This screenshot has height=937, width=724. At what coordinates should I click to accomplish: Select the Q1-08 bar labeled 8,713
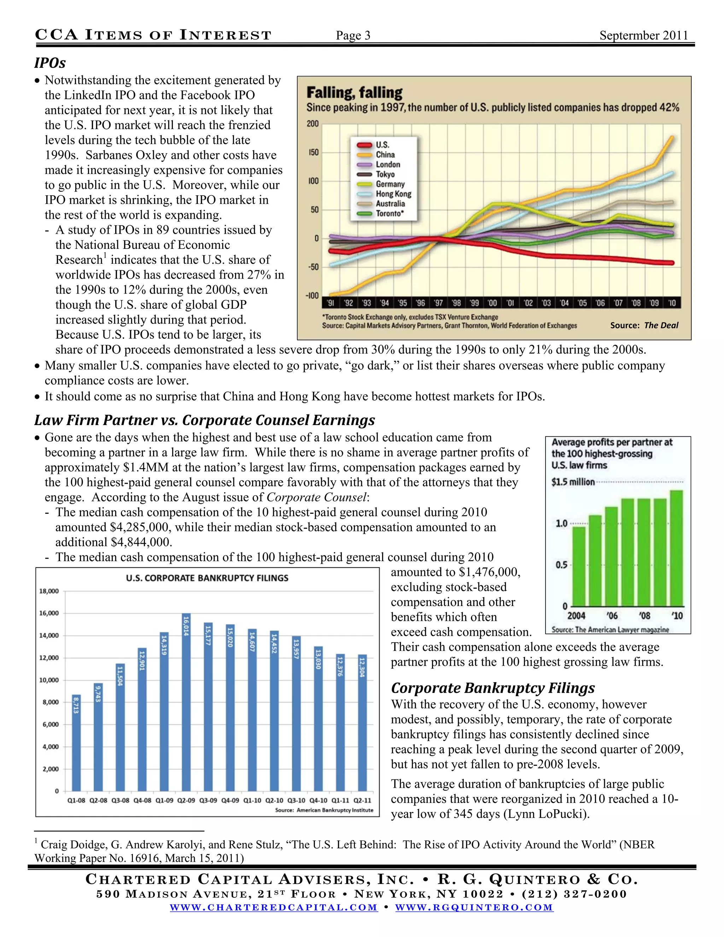click(76, 744)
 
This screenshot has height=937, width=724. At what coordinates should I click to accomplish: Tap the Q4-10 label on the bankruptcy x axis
click(318, 801)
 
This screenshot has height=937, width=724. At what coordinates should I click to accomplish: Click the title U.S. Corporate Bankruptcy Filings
click(207, 578)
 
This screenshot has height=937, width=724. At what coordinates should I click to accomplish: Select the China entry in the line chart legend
click(385, 155)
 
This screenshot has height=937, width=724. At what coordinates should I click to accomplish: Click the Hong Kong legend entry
click(393, 194)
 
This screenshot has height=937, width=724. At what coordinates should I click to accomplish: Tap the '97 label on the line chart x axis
click(438, 303)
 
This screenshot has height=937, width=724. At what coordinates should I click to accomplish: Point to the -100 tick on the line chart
click(312, 296)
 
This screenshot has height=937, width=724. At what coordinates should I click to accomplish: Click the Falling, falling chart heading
click(354, 93)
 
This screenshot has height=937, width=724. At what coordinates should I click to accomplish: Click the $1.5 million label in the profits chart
click(573, 482)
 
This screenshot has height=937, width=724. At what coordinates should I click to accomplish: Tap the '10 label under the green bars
click(677, 616)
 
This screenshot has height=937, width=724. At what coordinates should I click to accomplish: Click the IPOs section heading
click(50, 63)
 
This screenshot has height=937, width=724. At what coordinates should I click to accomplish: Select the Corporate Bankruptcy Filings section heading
click(493, 688)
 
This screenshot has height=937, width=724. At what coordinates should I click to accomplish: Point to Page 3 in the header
click(353, 36)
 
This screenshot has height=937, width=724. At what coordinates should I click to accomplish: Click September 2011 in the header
click(643, 36)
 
